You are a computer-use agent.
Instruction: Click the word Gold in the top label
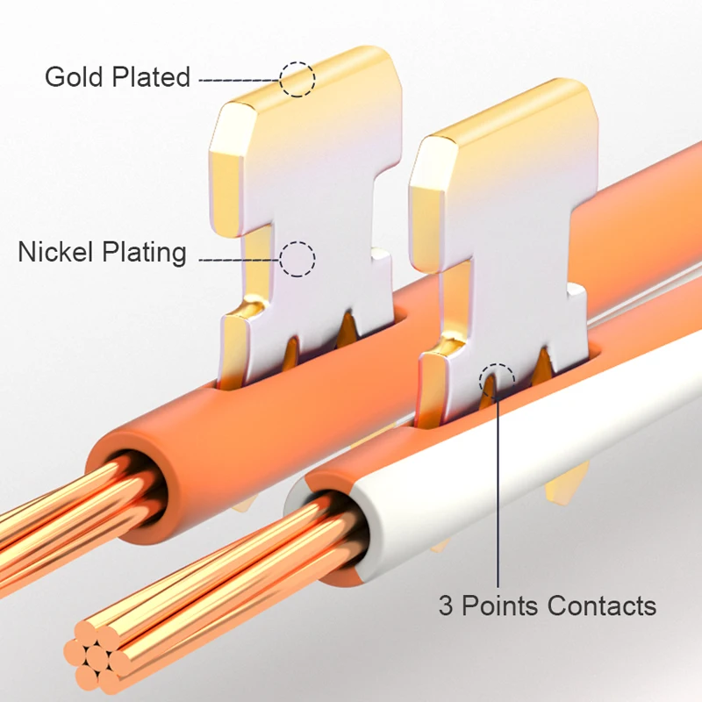coord(74,77)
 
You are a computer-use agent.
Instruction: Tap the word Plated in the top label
coord(151,77)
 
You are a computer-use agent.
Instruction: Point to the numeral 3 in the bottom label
coord(446,605)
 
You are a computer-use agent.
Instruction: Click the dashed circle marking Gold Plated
coord(297,79)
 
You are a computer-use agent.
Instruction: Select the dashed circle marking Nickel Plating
coord(297,259)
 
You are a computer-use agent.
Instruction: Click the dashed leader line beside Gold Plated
coord(239,80)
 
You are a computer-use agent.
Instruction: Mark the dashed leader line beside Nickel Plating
coord(239,259)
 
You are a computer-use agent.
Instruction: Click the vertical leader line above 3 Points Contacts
coord(498,491)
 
